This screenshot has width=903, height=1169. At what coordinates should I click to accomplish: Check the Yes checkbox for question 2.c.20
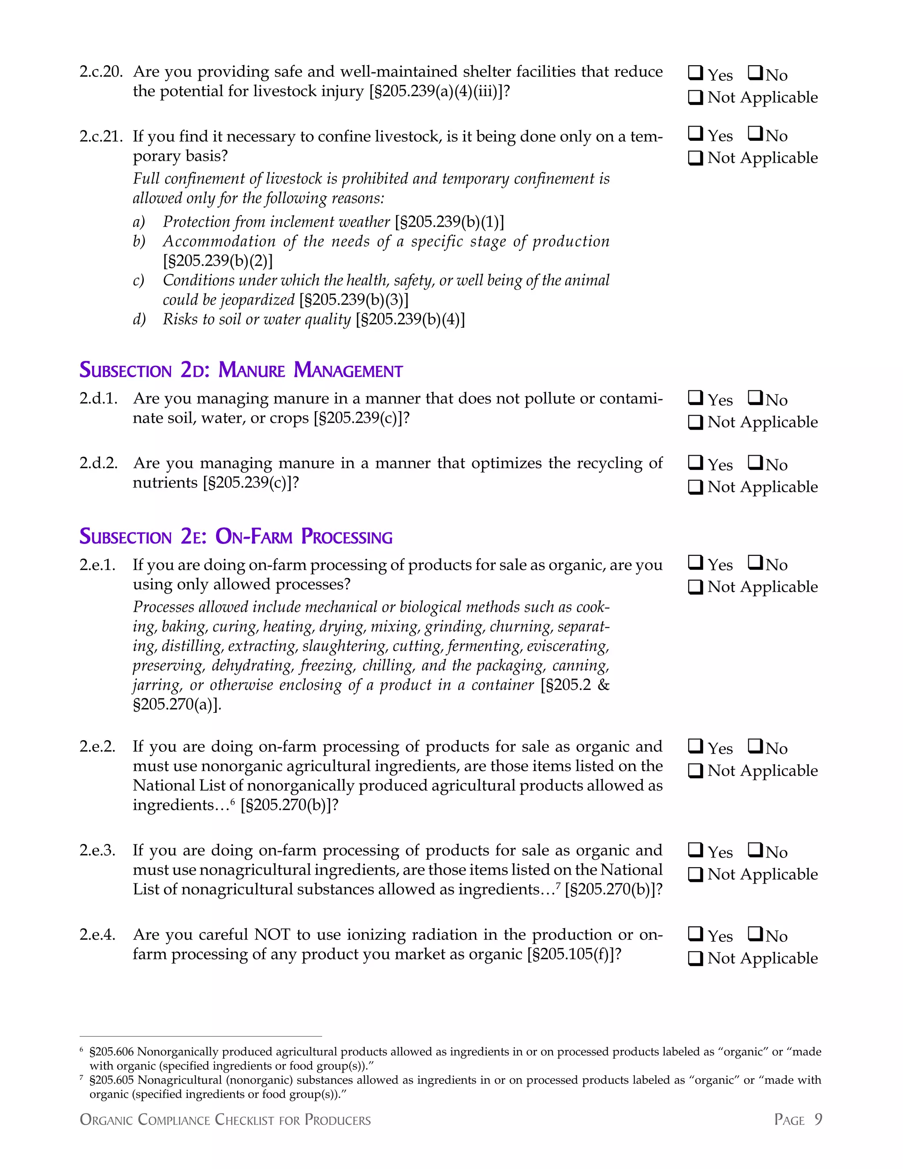[x=695, y=72]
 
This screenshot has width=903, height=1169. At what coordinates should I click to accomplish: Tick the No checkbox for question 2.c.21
[x=755, y=133]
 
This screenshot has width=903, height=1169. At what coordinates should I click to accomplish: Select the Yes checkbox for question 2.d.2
[x=695, y=462]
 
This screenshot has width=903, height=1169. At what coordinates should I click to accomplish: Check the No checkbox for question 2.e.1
[x=755, y=562]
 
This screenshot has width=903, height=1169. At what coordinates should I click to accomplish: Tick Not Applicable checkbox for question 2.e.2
[x=695, y=771]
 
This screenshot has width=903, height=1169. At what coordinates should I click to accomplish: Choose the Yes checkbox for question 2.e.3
[x=695, y=850]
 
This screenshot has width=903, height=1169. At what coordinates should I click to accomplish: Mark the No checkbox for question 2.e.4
[x=755, y=933]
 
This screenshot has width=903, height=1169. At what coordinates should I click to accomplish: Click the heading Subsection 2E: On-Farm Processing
[x=236, y=536]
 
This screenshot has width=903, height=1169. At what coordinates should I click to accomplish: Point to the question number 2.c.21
[x=101, y=136]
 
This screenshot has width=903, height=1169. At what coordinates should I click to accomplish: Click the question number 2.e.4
[x=97, y=935]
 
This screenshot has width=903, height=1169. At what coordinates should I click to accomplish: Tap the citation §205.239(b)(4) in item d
[x=410, y=319]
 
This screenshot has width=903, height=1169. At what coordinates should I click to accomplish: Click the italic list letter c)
[x=138, y=281]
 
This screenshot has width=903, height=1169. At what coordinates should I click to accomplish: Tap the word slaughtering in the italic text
[x=344, y=646]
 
